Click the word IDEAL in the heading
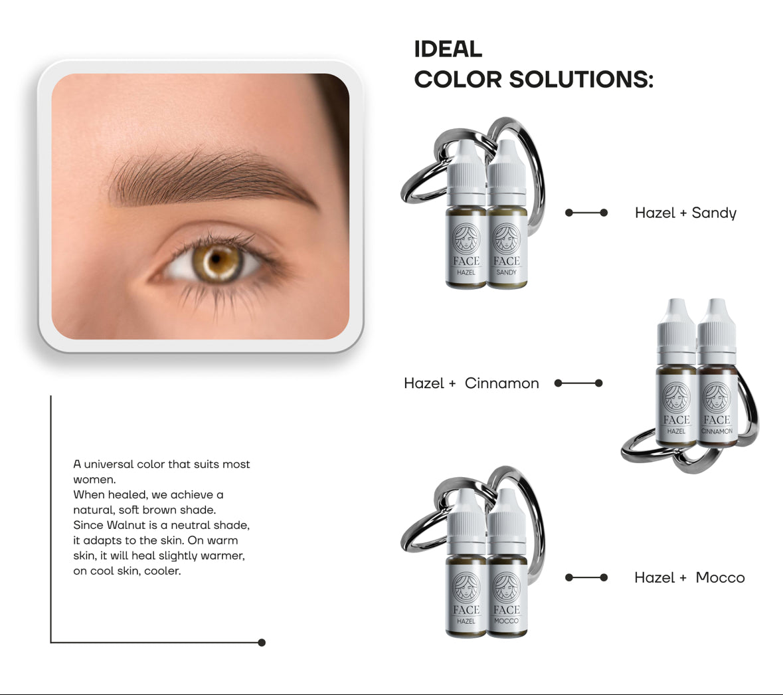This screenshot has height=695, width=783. [448, 49]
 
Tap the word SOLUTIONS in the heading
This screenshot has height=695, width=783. [580, 80]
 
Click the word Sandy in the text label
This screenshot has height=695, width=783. [714, 213]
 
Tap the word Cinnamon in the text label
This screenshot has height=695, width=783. [501, 383]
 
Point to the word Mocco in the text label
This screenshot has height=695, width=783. [720, 578]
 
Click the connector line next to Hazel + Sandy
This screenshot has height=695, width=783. [586, 213]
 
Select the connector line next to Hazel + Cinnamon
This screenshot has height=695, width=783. [578, 383]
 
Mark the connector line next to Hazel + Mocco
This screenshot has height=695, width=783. [586, 577]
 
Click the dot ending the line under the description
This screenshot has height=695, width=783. [262, 643]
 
